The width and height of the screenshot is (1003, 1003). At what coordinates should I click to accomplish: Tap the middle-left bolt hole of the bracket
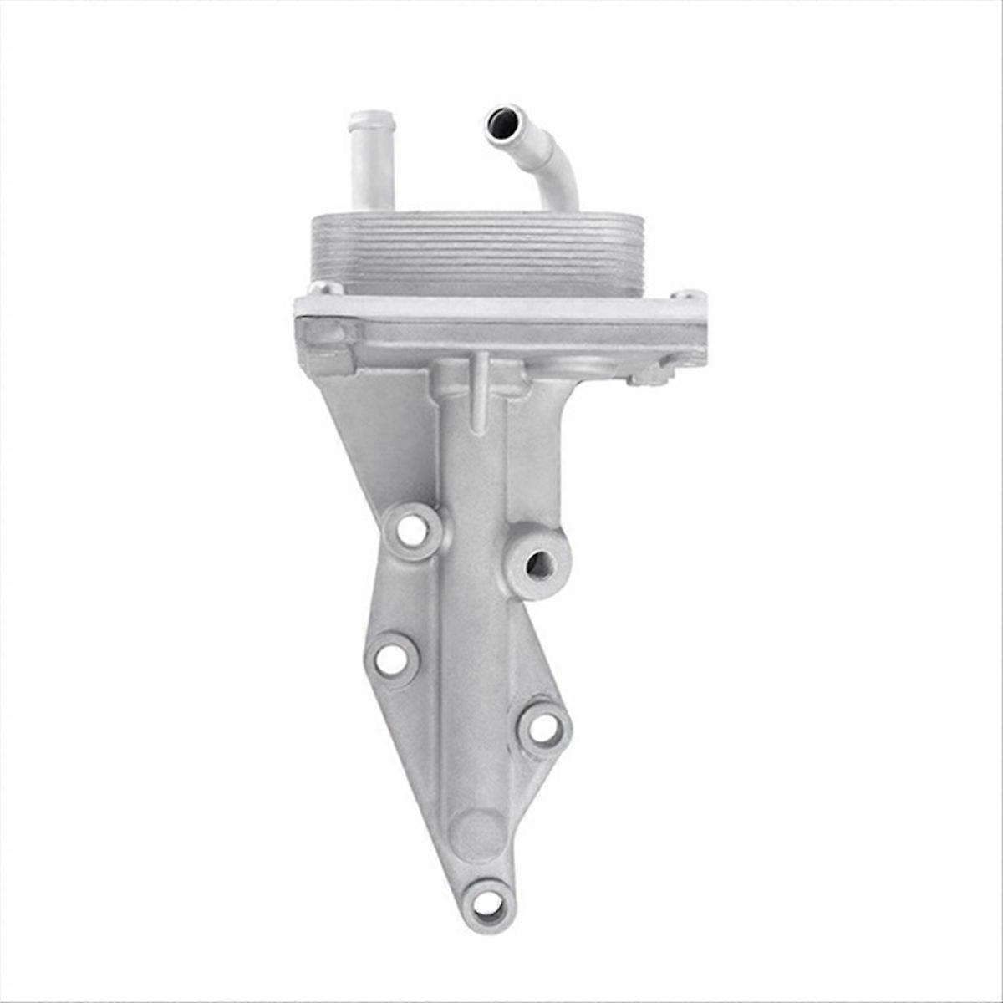pyautogui.click(x=389, y=659)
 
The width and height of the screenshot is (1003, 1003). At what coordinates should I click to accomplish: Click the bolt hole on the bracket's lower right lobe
pyautogui.click(x=543, y=729)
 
